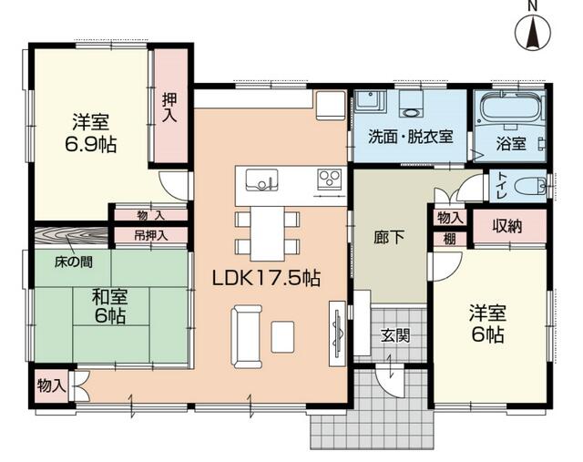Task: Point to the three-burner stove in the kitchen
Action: [x=329, y=178]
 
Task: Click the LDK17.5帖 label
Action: [x=267, y=277]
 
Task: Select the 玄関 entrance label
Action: [x=394, y=334]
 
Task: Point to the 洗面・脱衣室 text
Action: [x=410, y=138]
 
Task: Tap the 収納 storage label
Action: [x=507, y=226]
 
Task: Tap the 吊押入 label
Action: [x=150, y=234]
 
